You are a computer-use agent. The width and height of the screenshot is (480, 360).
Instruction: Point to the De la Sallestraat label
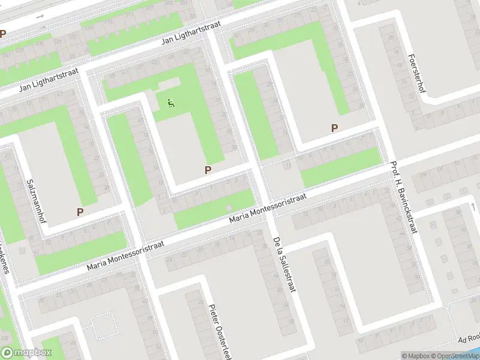click(285, 263)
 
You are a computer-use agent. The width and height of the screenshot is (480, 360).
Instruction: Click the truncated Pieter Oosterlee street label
click(220, 331)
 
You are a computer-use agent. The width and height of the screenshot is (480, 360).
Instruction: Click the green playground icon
click(171, 104)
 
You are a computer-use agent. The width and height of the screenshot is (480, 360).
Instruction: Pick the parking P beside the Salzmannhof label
click(80, 211)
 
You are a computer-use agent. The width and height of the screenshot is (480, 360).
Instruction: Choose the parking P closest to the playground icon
click(208, 170)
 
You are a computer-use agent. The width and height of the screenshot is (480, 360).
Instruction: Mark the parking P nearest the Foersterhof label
click(334, 128)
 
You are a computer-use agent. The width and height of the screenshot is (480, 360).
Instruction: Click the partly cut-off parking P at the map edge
click(2, 34)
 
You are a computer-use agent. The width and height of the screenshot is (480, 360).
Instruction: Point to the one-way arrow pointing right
click(41, 16)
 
